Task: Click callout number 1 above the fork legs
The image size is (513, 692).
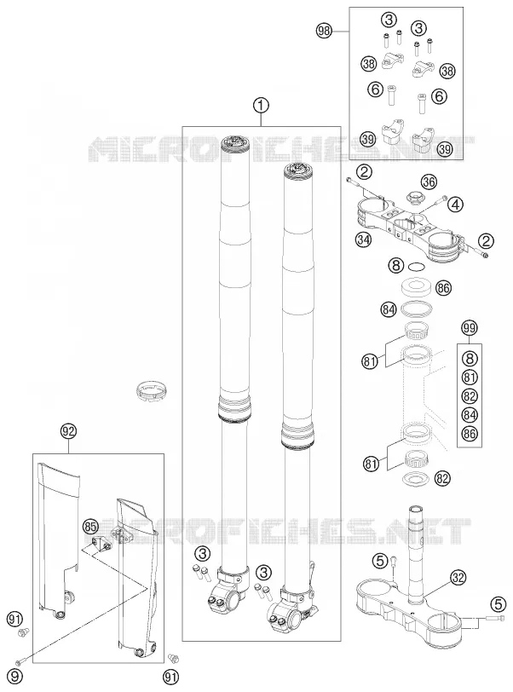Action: (261, 106)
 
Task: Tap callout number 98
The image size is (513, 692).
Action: (324, 31)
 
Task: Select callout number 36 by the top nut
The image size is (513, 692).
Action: (428, 182)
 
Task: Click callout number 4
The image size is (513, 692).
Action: (456, 205)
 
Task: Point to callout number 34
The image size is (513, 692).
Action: (364, 239)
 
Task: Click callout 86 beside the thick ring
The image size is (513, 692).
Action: (443, 288)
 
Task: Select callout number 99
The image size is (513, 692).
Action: (470, 328)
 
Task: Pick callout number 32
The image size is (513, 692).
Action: (458, 578)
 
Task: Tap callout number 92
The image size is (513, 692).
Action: (68, 432)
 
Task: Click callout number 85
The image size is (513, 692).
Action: (90, 527)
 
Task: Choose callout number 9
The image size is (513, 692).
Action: (14, 676)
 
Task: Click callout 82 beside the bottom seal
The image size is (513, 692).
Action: (442, 478)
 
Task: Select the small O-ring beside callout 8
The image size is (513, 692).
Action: (417, 267)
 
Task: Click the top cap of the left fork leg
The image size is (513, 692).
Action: (235, 143)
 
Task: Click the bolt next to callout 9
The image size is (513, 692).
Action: (20, 662)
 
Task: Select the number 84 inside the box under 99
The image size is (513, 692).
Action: (470, 415)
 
